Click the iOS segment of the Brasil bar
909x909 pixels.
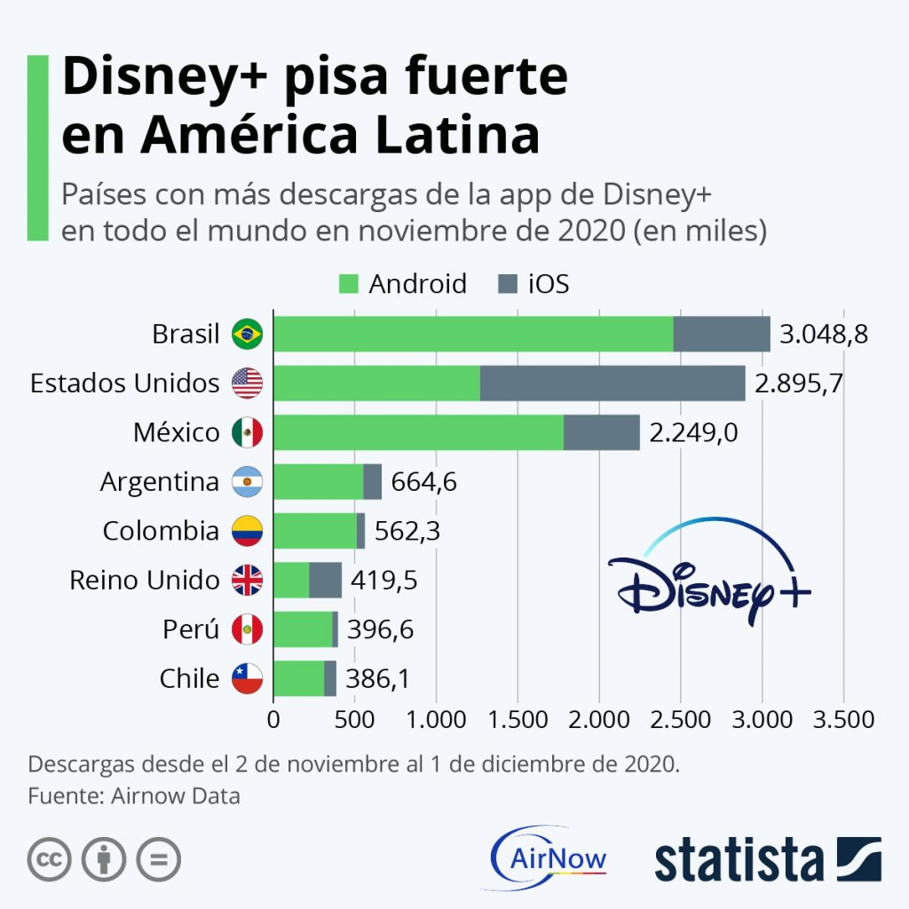pos(721,334)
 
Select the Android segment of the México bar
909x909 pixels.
pos(418,432)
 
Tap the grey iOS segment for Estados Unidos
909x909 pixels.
pos(613,383)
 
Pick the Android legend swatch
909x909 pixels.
pos(348,284)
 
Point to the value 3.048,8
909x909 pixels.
pos(823,335)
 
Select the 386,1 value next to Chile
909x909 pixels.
pos(378,679)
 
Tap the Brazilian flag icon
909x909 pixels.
pos(247,335)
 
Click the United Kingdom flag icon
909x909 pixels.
pos(247,581)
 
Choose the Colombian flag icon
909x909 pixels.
pos(247,531)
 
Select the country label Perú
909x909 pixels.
pos(191,629)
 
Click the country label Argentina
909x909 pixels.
pos(160,482)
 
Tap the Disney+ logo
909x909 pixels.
pos(709,577)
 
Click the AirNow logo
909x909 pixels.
pos(549,858)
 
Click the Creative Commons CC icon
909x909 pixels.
pos(50,859)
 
